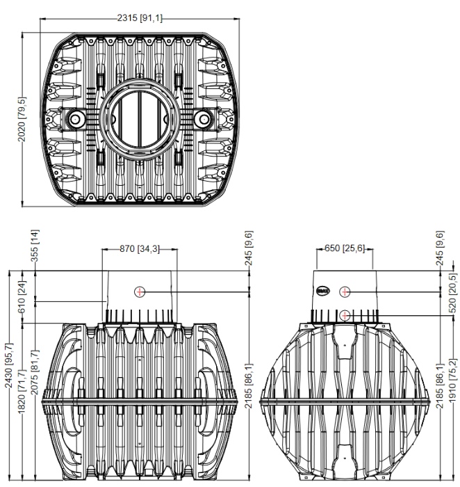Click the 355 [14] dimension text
pos(35,246)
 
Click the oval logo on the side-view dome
pos(323,291)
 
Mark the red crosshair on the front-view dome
pos(140,292)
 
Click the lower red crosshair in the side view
pos(345,315)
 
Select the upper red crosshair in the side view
pos(345,292)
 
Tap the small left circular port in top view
pos(75,119)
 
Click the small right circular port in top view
pos(204,119)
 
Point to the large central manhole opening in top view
pos(140,119)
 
